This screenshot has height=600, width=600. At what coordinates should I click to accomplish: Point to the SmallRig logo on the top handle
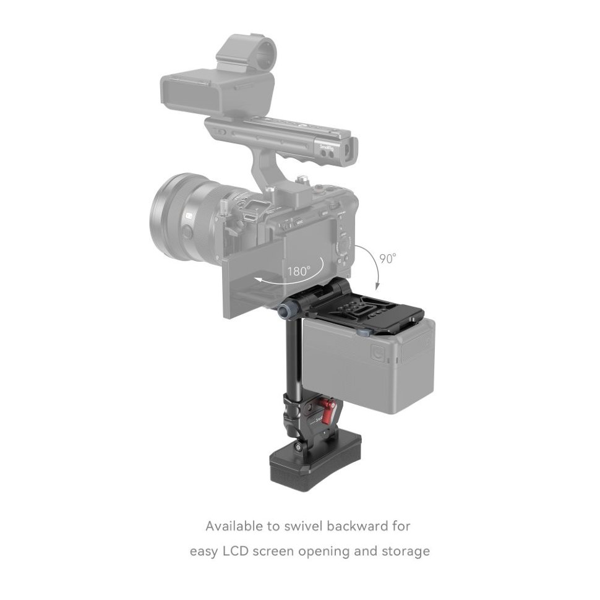[x=327, y=147]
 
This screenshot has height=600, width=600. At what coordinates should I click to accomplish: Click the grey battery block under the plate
[x=371, y=365]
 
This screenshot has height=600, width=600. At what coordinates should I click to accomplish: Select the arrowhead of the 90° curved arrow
[x=377, y=286]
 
